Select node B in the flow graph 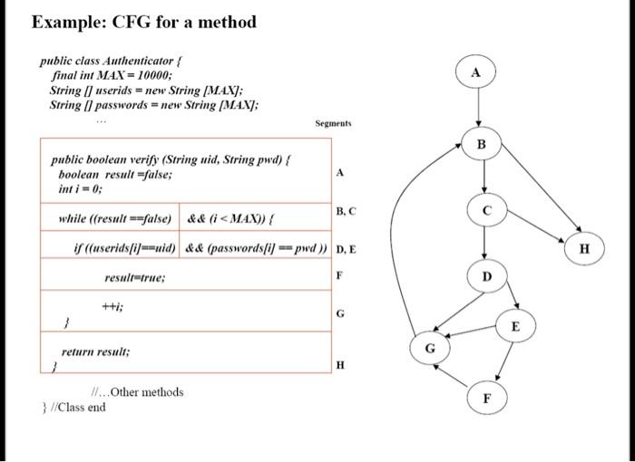point(482,145)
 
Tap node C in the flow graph point(486,209)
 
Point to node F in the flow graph point(487,397)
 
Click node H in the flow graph point(585,246)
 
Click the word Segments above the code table point(334,123)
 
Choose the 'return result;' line point(96,351)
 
